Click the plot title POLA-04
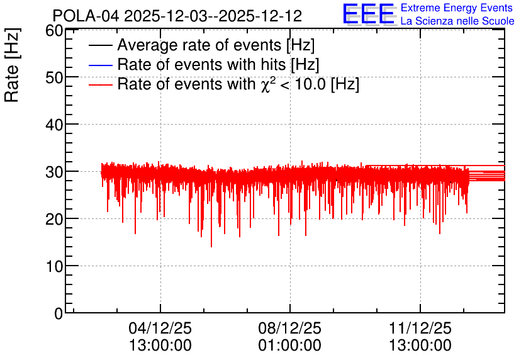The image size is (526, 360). click(86, 16)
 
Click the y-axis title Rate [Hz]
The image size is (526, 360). click(12, 65)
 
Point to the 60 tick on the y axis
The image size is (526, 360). click(54, 31)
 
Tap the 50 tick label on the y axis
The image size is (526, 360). click(54, 77)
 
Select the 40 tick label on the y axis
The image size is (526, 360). click(54, 125)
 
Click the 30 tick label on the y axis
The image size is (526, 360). click(54, 172)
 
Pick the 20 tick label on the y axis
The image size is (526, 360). click(54, 220)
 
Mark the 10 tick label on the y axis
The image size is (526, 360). click(54, 266)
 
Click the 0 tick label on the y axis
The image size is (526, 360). click(59, 313)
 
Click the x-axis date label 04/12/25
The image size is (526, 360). click(160, 328)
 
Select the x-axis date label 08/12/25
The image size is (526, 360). click(290, 328)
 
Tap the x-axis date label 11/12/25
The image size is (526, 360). click(420, 328)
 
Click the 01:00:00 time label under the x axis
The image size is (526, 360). click(290, 346)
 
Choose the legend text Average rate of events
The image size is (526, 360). click(199, 45)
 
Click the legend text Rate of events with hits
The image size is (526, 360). click(201, 64)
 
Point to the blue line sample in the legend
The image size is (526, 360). click(100, 65)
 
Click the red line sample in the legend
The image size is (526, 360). click(100, 84)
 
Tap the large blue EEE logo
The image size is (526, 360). click(368, 14)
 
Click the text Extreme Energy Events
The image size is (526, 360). click(457, 8)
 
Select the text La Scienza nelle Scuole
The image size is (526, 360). click(457, 21)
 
